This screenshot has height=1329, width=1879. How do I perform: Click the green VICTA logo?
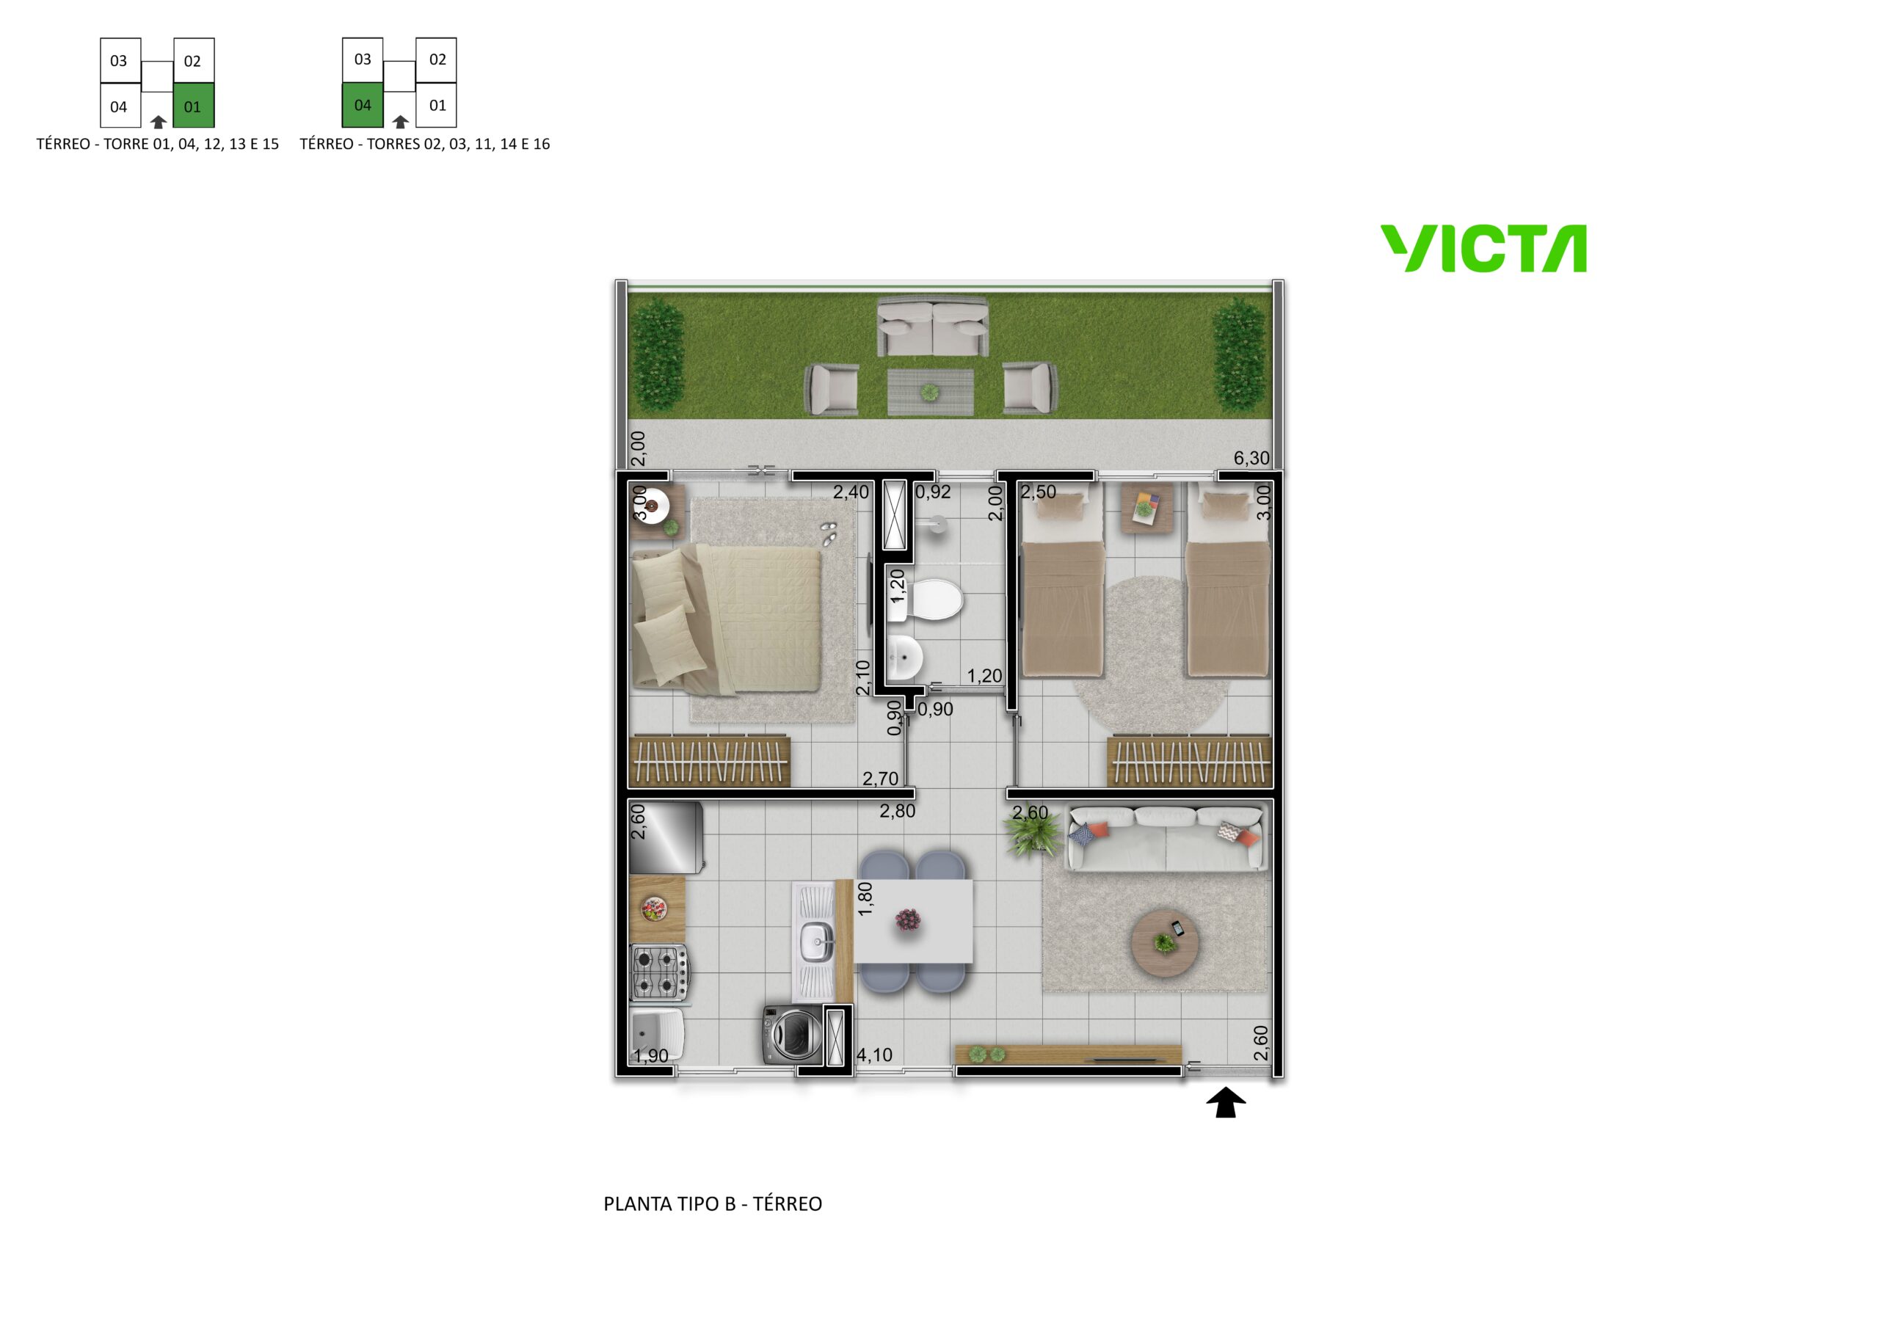(1483, 249)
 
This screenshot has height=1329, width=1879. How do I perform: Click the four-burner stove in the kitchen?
(659, 972)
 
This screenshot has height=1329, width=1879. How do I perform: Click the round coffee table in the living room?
(1166, 942)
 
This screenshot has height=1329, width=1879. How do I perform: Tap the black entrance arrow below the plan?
(1225, 1102)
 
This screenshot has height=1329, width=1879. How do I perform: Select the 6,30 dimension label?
(1251, 458)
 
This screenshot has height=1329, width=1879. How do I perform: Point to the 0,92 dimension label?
(933, 492)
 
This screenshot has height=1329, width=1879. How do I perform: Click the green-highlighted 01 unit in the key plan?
(194, 106)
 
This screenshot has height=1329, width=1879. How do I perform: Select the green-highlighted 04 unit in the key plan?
(363, 105)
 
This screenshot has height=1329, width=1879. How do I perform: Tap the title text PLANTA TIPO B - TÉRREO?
(713, 1204)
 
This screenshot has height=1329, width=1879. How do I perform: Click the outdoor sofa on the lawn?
(932, 327)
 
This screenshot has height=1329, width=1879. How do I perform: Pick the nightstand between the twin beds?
(1146, 507)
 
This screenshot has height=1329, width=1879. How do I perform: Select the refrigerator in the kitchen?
(665, 837)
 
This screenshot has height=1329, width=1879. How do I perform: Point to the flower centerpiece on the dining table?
(908, 921)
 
